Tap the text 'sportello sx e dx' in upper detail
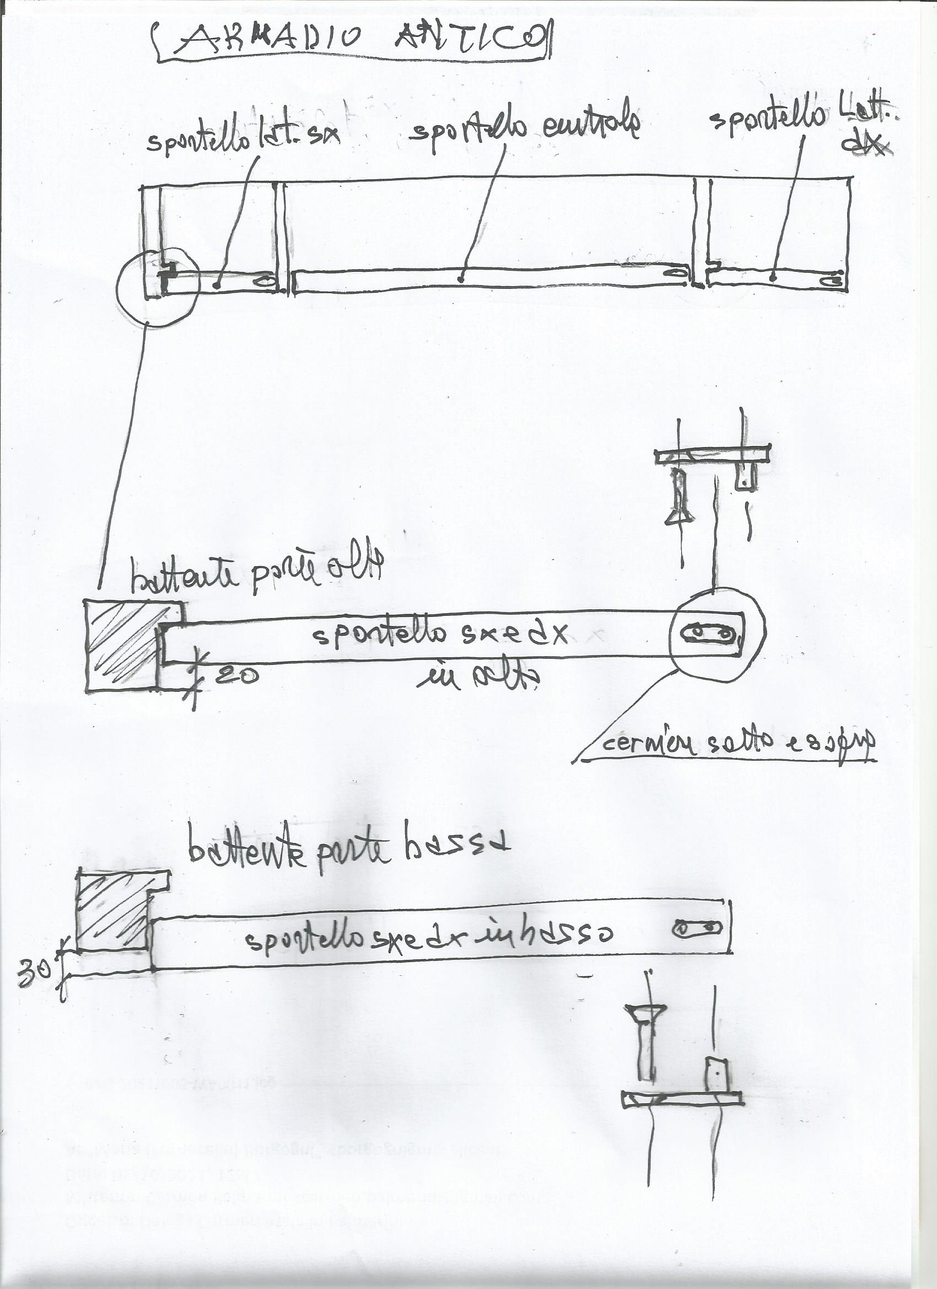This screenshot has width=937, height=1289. pyautogui.click(x=440, y=633)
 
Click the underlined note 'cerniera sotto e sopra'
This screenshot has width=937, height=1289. pyautogui.click(x=736, y=743)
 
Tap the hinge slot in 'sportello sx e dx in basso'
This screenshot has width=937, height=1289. pyautogui.click(x=697, y=928)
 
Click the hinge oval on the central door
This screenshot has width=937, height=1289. pyautogui.click(x=676, y=273)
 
